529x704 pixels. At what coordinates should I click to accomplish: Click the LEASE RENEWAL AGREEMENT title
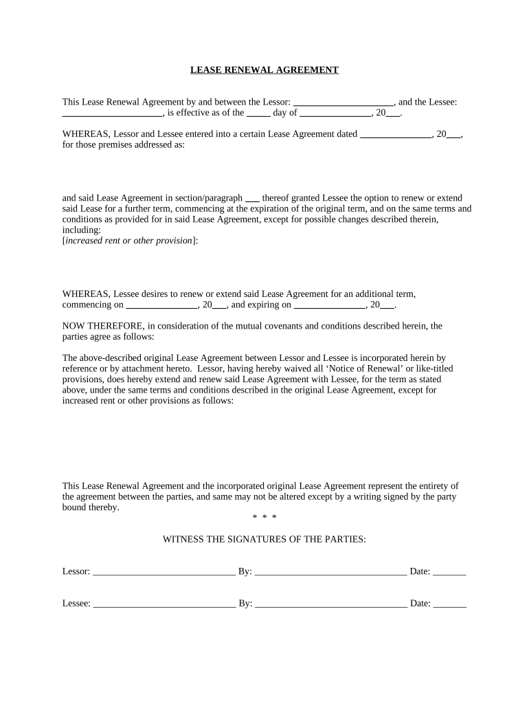pyautogui.click(x=264, y=70)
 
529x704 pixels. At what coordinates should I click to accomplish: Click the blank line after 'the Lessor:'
pyautogui.click(x=343, y=102)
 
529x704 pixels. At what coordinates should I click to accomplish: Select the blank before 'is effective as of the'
pyautogui.click(x=112, y=113)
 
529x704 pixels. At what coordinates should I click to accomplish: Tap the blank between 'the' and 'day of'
pyautogui.click(x=258, y=113)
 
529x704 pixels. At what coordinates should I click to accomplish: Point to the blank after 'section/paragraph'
pyautogui.click(x=252, y=198)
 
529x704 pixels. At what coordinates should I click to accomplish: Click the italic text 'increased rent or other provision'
pyautogui.click(x=128, y=241)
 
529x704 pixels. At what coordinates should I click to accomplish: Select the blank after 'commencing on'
pyautogui.click(x=162, y=305)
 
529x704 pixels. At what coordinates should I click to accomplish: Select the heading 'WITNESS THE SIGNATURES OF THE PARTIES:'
pyautogui.click(x=264, y=540)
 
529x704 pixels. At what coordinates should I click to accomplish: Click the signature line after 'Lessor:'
pyautogui.click(x=164, y=572)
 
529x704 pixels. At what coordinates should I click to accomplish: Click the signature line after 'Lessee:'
pyautogui.click(x=164, y=604)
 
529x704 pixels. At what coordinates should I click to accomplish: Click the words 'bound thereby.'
pyautogui.click(x=91, y=508)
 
